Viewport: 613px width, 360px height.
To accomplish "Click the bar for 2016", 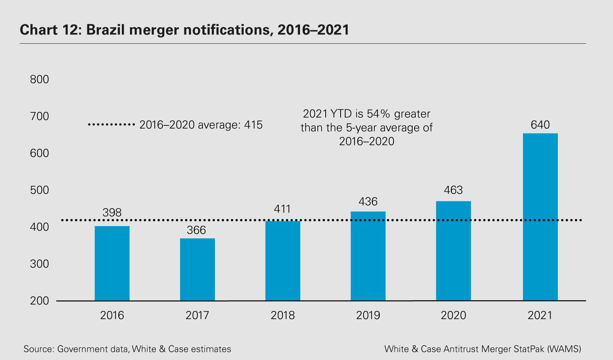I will (x=112, y=263).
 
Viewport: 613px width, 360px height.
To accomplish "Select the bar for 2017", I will (x=197, y=270).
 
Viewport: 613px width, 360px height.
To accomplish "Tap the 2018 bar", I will (x=283, y=261).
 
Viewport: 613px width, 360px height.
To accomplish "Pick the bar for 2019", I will (x=368, y=256).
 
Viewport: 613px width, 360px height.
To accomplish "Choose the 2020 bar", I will (x=453, y=251).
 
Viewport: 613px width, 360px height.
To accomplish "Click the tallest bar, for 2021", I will (x=540, y=217).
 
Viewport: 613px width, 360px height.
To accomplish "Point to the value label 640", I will (x=540, y=125).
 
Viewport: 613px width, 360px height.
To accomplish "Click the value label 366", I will (x=197, y=230).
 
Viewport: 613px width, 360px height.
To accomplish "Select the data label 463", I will (x=453, y=190).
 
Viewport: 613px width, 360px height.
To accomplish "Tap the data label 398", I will (x=112, y=212).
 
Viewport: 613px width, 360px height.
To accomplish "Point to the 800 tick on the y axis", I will (x=39, y=79).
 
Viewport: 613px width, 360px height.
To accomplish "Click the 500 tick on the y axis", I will (x=39, y=190).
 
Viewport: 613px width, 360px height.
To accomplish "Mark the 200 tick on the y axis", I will (x=39, y=301).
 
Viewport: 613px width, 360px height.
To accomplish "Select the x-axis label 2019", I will (x=368, y=315).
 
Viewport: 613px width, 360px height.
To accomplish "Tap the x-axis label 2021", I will (x=540, y=315).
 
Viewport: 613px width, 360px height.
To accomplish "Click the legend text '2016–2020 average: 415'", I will (x=201, y=125).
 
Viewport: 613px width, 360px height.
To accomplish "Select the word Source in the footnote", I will (x=38, y=349).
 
